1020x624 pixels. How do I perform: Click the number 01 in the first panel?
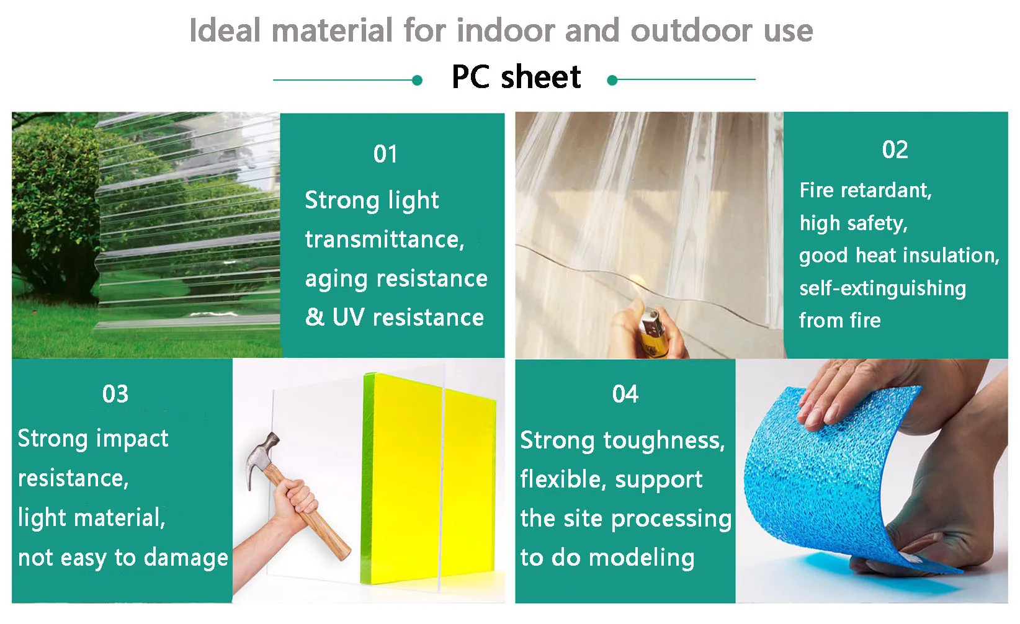pyautogui.click(x=385, y=154)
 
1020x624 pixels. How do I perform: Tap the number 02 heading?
pyautogui.click(x=895, y=149)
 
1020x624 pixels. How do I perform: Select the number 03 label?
pyautogui.click(x=115, y=394)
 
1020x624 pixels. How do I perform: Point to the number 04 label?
pyautogui.click(x=625, y=394)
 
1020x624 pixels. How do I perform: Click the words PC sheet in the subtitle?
pyautogui.click(x=516, y=76)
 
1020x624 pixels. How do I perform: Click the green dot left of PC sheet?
pyautogui.click(x=417, y=81)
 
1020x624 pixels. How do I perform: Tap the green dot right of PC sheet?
pyautogui.click(x=612, y=81)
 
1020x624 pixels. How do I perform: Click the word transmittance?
pyautogui.click(x=384, y=239)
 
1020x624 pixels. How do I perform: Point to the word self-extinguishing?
pyautogui.click(x=882, y=288)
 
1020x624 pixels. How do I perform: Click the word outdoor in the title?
pyautogui.click(x=691, y=31)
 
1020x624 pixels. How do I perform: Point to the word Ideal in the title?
pyautogui.click(x=225, y=31)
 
